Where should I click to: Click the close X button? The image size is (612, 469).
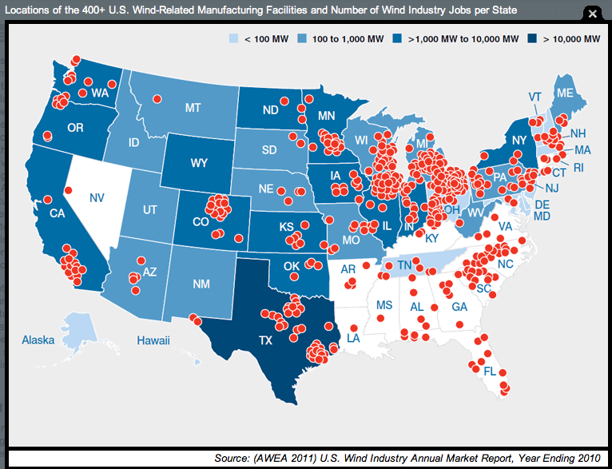coord(593,14)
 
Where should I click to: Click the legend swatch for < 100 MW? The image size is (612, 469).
coord(233,38)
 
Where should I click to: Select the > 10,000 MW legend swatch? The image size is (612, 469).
coord(535,38)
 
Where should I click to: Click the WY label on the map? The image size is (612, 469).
coord(199,163)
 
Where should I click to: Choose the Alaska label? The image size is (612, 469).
coord(38,340)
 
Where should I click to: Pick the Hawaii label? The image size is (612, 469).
coord(153,340)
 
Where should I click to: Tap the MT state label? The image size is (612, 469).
coord(193,107)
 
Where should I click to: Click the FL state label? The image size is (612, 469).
coord(490,372)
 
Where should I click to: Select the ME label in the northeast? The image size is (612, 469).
coord(566,93)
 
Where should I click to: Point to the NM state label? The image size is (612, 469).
coord(202,284)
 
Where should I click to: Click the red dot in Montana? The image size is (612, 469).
coord(157,98)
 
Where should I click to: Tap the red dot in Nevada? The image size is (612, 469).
coord(69,190)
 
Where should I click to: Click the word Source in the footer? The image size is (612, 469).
coord(236,458)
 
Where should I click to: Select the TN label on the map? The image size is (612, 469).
coord(405,264)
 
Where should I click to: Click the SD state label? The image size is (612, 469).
coord(272,149)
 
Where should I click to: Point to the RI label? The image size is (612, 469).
coord(578,167)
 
